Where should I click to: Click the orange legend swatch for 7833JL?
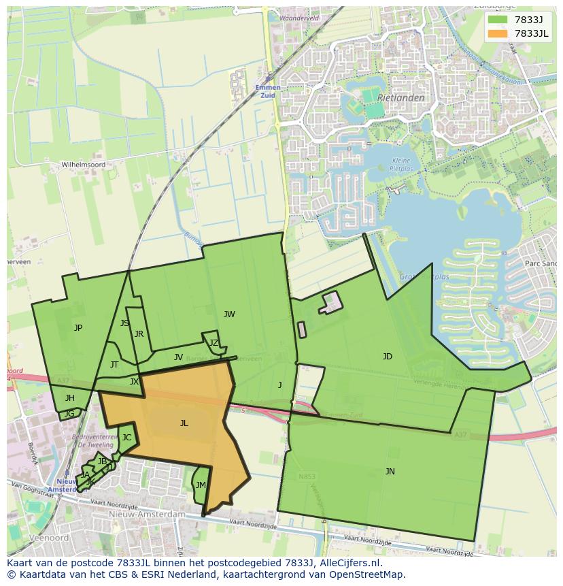pos(498,33)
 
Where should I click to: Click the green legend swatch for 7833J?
pos(498,20)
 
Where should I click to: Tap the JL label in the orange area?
pos(184,423)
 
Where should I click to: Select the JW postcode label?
pos(229,314)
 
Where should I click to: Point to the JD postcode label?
pos(388,357)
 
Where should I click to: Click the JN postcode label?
pos(390,472)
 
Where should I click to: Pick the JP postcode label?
pos(78,328)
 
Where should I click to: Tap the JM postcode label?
pos(200,485)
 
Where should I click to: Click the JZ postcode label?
pos(214,343)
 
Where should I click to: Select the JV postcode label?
pos(178,357)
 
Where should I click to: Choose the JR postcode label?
pos(139,334)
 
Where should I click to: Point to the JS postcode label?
pos(124,323)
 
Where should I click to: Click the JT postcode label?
pos(114,365)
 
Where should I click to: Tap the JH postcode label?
pos(70,398)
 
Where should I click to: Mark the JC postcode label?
pos(126,438)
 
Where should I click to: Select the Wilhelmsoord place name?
pos(84,165)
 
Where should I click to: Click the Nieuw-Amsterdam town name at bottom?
pos(147,515)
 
